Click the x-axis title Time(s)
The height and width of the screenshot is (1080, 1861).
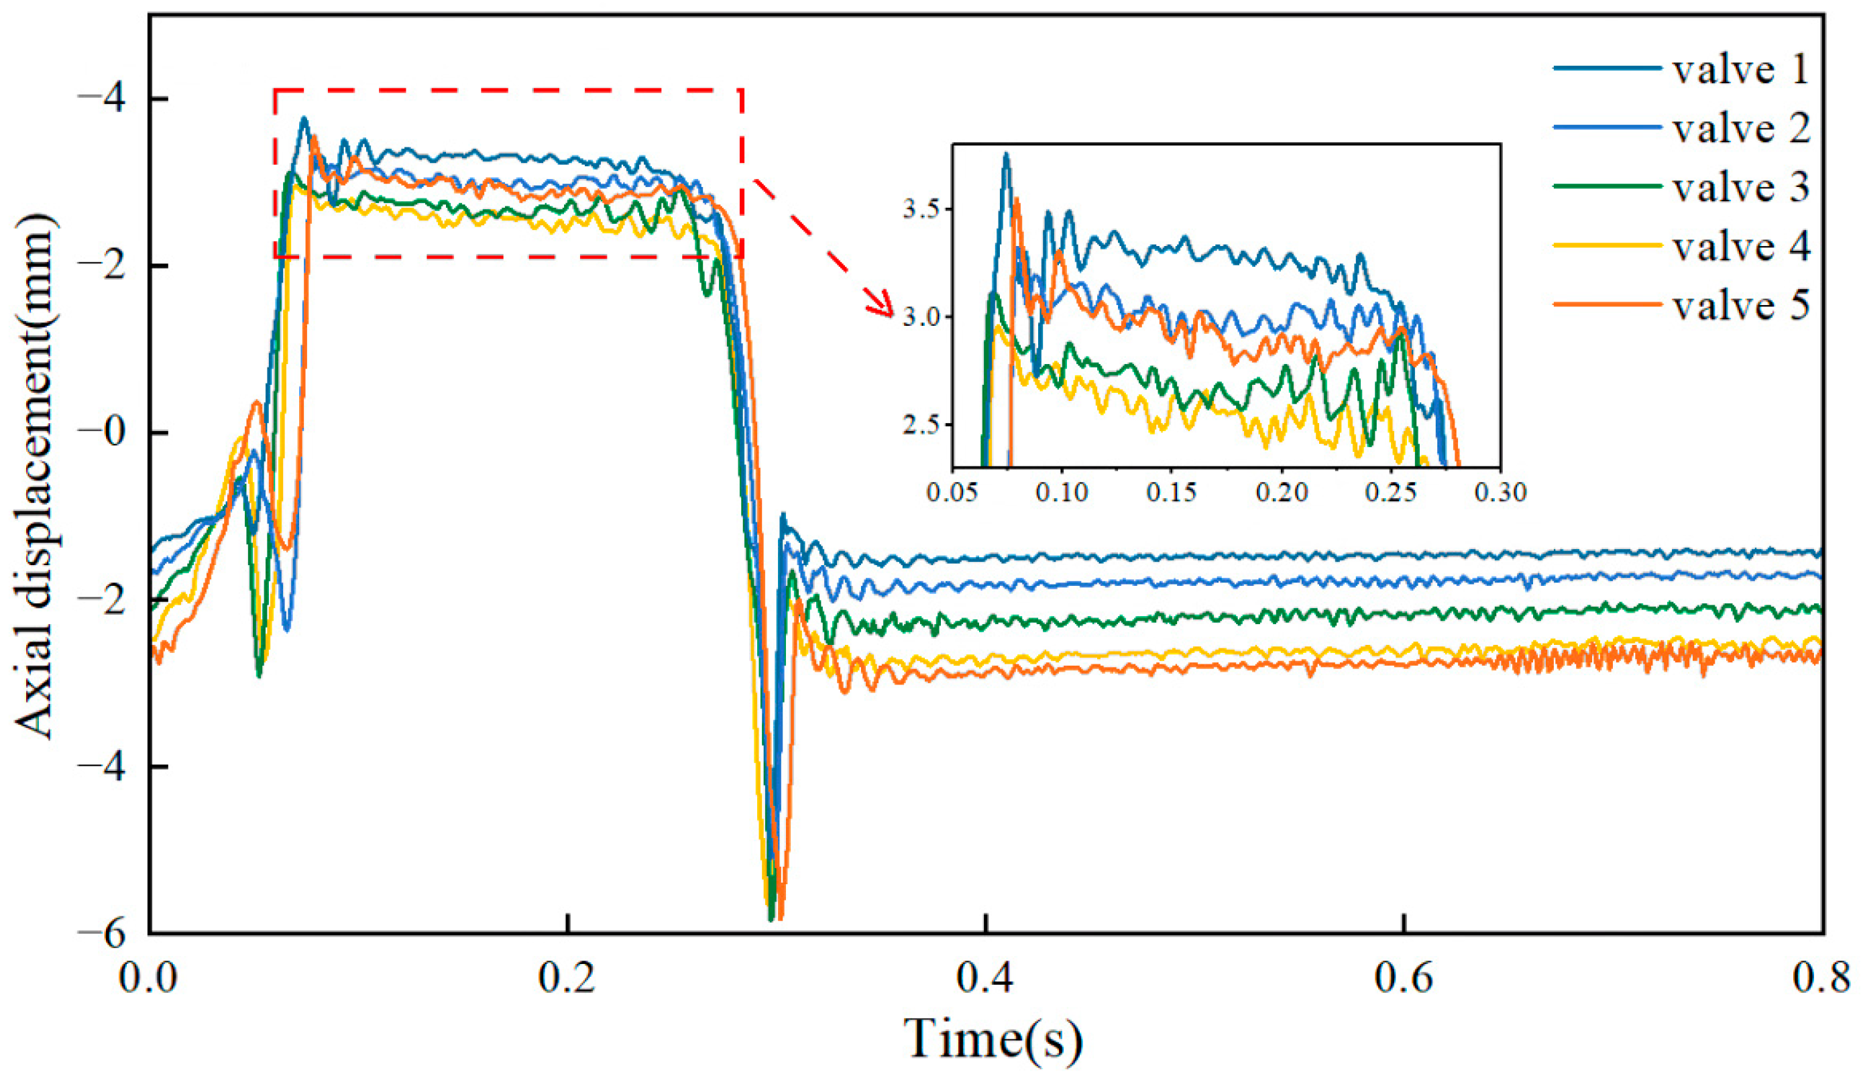tap(993, 1039)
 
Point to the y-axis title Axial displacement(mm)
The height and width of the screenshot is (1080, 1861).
tap(35, 476)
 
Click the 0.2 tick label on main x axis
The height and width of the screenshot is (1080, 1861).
tap(567, 978)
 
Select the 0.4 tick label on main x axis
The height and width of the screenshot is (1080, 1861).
tap(985, 978)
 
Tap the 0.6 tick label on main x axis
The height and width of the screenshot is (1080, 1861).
tap(1403, 978)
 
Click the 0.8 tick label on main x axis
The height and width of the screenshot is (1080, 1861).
tap(1820, 978)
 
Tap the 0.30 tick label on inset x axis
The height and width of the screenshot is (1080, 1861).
tap(1500, 491)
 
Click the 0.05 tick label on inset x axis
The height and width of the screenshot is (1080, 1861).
tap(951, 491)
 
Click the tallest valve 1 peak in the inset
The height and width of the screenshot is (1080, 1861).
tap(1006, 155)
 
